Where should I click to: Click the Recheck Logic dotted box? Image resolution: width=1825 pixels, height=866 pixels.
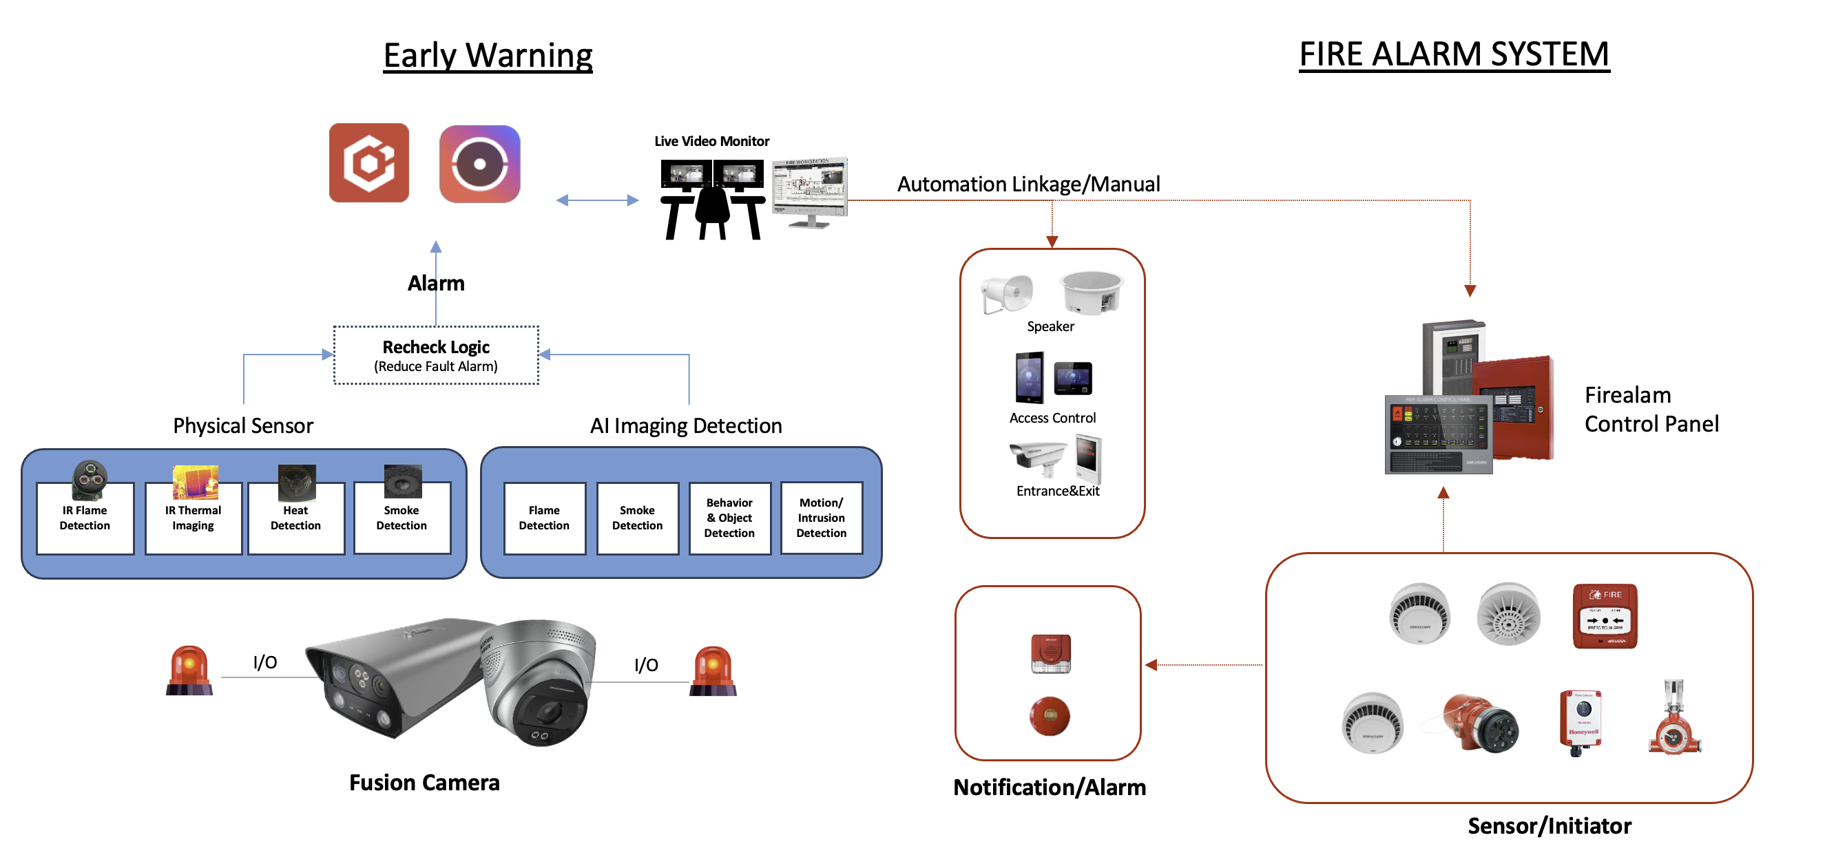click(x=436, y=355)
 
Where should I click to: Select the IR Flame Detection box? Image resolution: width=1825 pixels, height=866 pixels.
click(x=85, y=518)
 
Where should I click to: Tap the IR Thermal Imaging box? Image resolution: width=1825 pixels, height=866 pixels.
click(x=193, y=518)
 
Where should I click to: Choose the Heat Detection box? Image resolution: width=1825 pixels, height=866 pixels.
click(x=295, y=518)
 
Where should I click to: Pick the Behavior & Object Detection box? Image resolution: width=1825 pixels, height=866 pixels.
click(x=729, y=518)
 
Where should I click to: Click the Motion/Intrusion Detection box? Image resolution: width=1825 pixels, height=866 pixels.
click(x=821, y=518)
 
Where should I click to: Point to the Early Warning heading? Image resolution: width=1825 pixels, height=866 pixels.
click(x=488, y=55)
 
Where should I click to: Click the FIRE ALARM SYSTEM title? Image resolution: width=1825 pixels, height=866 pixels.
click(x=1454, y=54)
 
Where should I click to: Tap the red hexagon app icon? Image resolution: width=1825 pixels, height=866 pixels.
click(x=369, y=163)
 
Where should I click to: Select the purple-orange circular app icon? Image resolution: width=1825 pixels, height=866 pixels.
click(x=479, y=164)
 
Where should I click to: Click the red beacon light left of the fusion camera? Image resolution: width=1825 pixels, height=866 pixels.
click(x=189, y=670)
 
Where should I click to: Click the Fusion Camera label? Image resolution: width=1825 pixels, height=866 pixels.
click(x=424, y=783)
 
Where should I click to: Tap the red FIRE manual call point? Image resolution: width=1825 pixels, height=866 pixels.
click(x=1605, y=615)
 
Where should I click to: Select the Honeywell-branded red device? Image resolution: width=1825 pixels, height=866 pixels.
click(x=1581, y=721)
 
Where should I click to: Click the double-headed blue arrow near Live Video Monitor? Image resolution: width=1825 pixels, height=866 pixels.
click(x=597, y=200)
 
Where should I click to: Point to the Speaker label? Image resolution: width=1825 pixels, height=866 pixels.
click(x=1050, y=326)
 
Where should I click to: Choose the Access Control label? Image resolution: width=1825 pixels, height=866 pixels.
click(x=1052, y=418)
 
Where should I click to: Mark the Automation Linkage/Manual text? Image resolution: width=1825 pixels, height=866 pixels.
click(x=1028, y=184)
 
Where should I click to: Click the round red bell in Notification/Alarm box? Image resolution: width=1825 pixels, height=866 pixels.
click(x=1050, y=716)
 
